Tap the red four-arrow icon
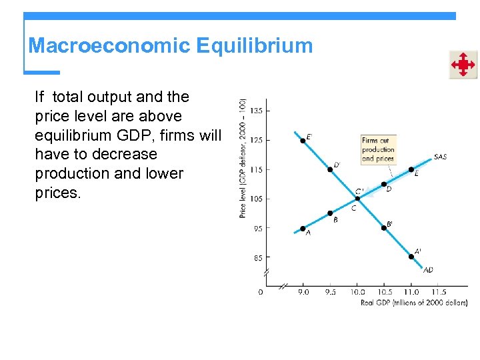pos(462,65)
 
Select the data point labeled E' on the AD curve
pos(303,140)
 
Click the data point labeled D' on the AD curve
pos(330,169)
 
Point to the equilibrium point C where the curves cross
pos(357,199)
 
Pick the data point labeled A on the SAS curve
pos(303,229)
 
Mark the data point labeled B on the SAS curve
pos(330,213)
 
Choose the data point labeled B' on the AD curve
pos(384,228)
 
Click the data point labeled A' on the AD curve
pos(411,257)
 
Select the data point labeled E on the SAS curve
pos(411,169)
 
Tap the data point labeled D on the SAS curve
pos(384,184)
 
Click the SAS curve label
pos(440,157)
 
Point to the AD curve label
pos(428,270)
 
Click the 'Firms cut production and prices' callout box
pos(378,150)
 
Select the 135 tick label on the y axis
pos(256,111)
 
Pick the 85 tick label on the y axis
pos(257,257)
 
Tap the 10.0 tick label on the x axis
pos(357,292)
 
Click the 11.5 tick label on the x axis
pos(439,292)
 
